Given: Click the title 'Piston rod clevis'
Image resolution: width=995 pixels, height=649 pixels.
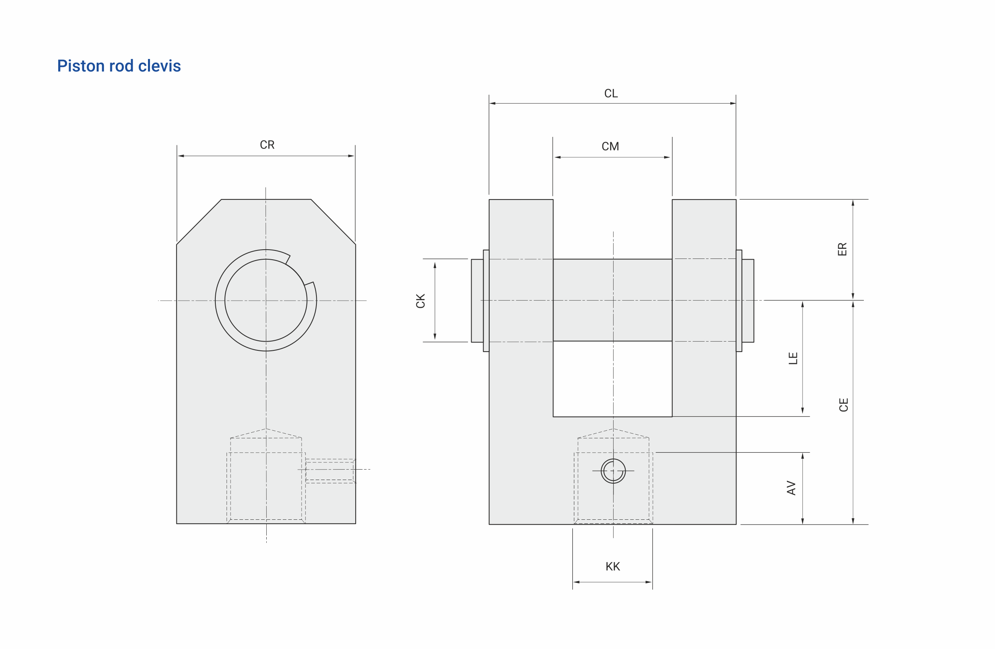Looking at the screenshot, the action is click(119, 66).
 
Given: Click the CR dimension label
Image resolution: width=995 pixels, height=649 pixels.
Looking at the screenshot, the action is click(267, 145).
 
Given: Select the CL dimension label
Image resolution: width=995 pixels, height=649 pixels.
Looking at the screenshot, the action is click(611, 93).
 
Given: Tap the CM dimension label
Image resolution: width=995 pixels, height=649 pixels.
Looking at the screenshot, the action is click(610, 146).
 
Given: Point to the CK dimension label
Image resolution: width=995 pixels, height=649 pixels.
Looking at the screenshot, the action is click(421, 301).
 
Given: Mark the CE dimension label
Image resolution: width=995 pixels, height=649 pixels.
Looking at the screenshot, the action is click(844, 405).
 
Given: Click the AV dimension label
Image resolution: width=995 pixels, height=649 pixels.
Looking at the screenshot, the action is click(791, 488).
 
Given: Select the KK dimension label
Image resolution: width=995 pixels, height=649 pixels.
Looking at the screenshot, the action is click(612, 567).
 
